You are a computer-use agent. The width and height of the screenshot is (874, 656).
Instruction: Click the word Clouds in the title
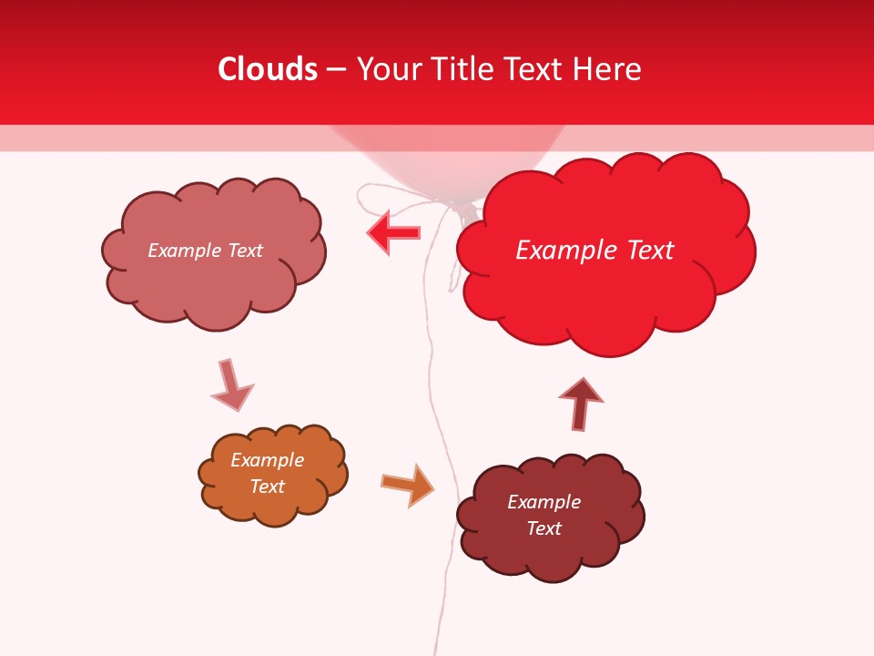click(268, 69)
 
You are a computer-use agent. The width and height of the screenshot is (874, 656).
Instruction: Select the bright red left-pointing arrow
click(393, 232)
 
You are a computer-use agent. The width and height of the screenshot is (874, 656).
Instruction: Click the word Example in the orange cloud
click(267, 460)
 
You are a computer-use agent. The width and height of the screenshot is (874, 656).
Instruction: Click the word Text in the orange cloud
click(267, 487)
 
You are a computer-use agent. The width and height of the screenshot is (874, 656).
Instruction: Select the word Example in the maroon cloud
click(544, 502)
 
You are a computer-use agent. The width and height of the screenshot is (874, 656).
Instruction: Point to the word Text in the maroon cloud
click(544, 528)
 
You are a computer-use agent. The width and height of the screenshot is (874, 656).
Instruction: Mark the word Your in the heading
click(386, 69)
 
